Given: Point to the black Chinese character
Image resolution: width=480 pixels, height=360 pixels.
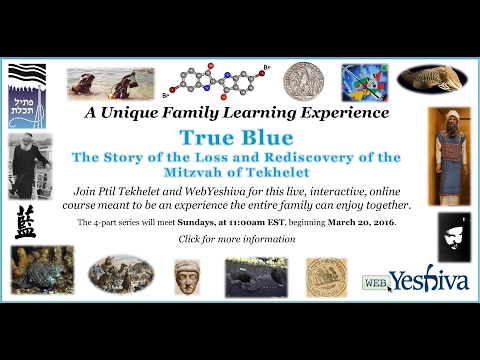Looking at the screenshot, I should click(x=25, y=223).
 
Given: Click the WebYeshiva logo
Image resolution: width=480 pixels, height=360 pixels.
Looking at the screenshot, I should click(x=415, y=281).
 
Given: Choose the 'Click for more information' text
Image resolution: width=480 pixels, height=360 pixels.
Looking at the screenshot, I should click(x=237, y=239).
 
